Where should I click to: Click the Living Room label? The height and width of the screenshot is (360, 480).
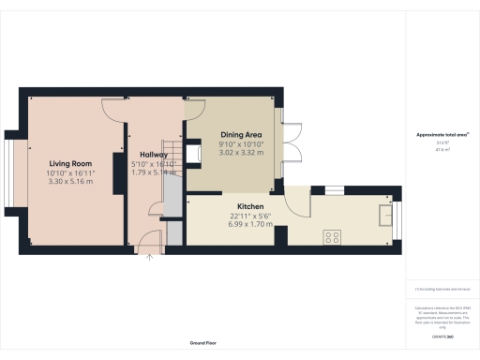65,163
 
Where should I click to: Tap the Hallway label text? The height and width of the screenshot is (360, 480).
154,155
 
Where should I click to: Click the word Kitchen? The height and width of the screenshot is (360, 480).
249,206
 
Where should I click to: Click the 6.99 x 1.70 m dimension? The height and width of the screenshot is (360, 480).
249,224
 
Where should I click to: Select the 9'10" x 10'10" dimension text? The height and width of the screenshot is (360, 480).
242,145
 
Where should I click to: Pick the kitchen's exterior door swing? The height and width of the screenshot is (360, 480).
297,205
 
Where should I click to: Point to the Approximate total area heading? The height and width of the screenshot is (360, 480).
442,135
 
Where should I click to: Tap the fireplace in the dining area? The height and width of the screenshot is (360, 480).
195,153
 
